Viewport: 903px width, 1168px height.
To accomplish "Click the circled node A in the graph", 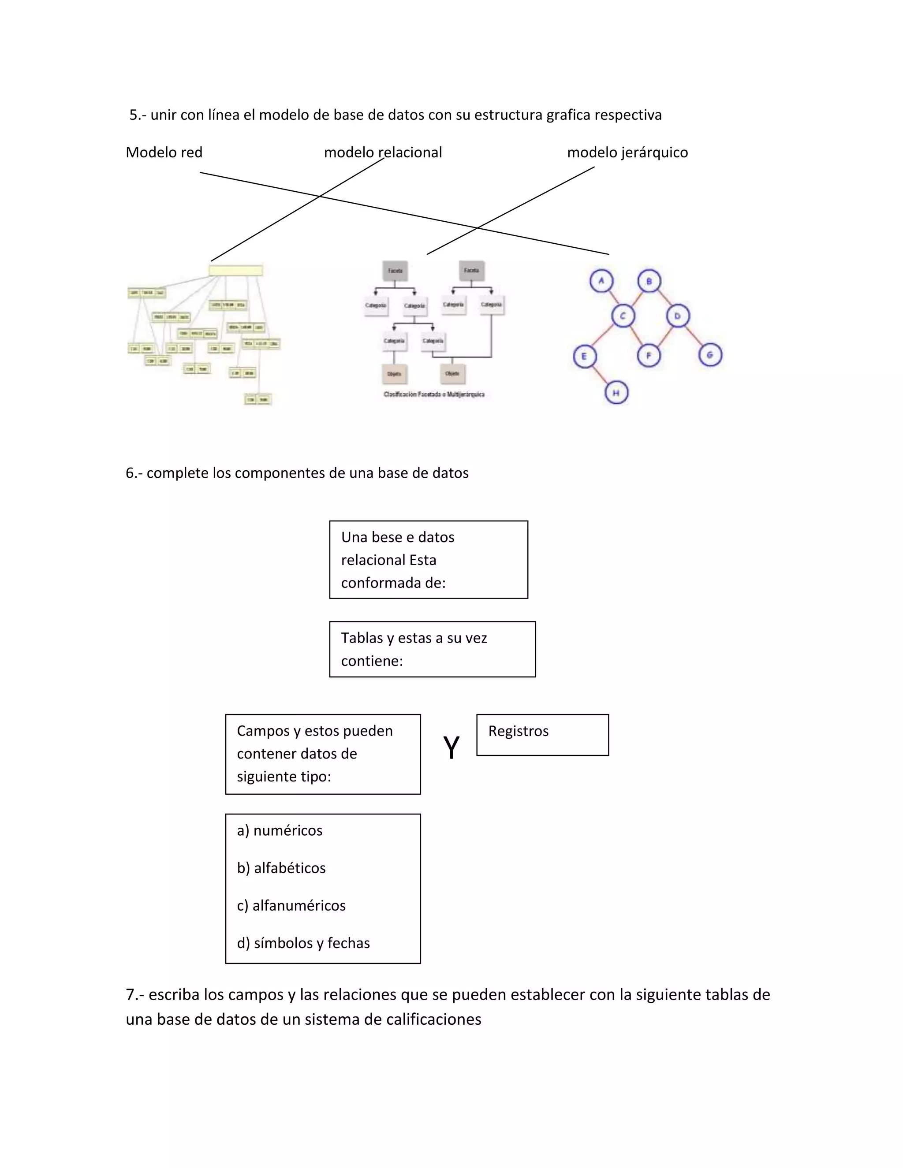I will pyautogui.click(x=601, y=281).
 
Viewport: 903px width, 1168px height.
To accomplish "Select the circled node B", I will pyautogui.click(x=649, y=281).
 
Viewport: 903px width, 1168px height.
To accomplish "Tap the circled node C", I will pyautogui.click(x=623, y=316).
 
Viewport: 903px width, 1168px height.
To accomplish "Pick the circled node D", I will pyautogui.click(x=678, y=316).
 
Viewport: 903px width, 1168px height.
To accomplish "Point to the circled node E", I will pyautogui.click(x=584, y=356).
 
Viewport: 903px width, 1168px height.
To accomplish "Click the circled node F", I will pyautogui.click(x=649, y=355).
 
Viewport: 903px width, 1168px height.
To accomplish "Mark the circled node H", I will pyautogui.click(x=616, y=393).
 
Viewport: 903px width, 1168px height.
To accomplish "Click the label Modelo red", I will pyautogui.click(x=164, y=153).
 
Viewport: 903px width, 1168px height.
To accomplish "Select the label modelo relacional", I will pyautogui.click(x=383, y=153).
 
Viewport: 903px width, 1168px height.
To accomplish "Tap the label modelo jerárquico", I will pyautogui.click(x=627, y=153).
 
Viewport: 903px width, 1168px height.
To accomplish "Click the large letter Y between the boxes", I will pyautogui.click(x=451, y=747).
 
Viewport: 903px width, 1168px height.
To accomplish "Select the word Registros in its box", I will pyautogui.click(x=519, y=731).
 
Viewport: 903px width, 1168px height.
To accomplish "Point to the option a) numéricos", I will pyautogui.click(x=280, y=830).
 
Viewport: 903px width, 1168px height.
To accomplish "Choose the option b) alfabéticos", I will pyautogui.click(x=281, y=868).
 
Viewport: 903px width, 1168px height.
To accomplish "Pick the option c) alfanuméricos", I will pyautogui.click(x=291, y=905).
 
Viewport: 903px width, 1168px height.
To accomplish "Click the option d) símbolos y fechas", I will pyautogui.click(x=303, y=943).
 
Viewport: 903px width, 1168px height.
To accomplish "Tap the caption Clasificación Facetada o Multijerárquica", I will pyautogui.click(x=434, y=394).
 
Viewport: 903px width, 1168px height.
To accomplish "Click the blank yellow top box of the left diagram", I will pyautogui.click(x=235, y=271).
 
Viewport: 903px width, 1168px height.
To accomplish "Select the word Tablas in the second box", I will pyautogui.click(x=360, y=638).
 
